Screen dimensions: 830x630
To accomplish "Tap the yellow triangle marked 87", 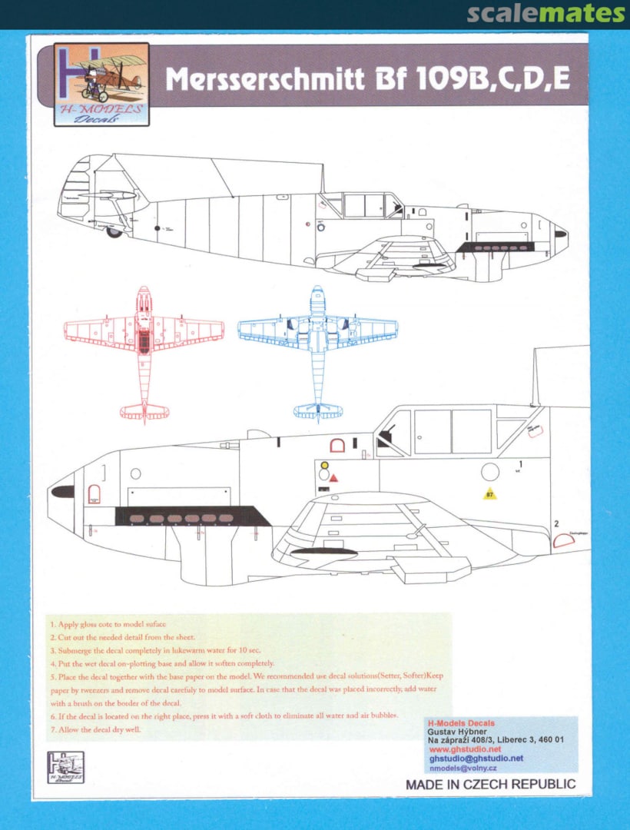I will pyautogui.click(x=489, y=494).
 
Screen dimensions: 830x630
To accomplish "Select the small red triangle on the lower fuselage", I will pyautogui.click(x=334, y=478).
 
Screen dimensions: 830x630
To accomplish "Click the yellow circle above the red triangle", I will pyautogui.click(x=324, y=465).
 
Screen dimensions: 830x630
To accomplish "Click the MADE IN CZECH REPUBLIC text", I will pyautogui.click(x=490, y=785).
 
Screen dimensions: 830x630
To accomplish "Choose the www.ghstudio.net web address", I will pyautogui.click(x=465, y=749).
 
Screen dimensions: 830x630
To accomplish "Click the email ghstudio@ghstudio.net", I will pyautogui.click(x=476, y=758).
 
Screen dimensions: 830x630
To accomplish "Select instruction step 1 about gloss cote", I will pyautogui.click(x=108, y=625).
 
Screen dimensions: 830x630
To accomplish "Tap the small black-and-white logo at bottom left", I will pyautogui.click(x=65, y=767).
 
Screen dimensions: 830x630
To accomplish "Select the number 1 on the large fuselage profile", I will pyautogui.click(x=520, y=464).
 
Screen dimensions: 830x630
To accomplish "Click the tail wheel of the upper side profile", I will pyautogui.click(x=114, y=231).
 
